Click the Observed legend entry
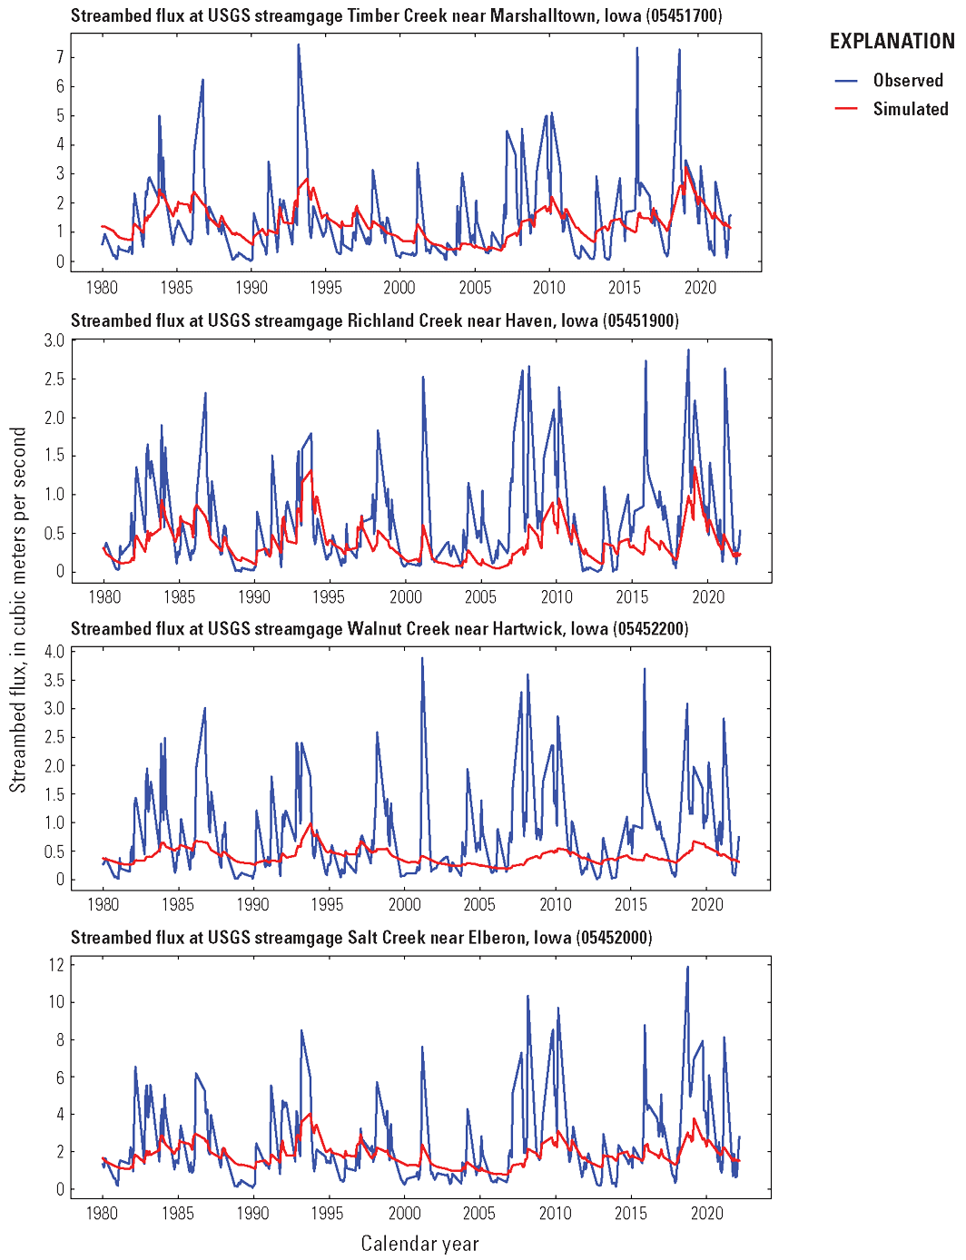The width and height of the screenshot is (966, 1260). coord(908,80)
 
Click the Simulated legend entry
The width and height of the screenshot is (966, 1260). coord(910,109)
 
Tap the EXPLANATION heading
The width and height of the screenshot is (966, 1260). coord(892,41)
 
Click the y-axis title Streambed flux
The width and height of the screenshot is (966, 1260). coord(18,610)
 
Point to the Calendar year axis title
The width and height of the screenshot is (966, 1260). coord(419,1244)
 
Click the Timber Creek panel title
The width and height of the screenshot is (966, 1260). coord(396,15)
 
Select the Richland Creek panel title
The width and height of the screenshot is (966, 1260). coord(374,320)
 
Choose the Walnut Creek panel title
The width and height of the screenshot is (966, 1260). coord(379,628)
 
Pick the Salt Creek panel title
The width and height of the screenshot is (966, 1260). coord(361,937)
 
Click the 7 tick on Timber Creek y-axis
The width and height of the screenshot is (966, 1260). coord(60,57)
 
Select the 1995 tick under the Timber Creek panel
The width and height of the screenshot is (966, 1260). coord(326,288)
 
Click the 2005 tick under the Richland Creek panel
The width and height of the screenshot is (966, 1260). coord(481,596)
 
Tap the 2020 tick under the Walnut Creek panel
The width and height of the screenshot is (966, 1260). coord(706,904)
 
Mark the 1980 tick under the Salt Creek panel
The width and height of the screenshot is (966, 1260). coord(102,1213)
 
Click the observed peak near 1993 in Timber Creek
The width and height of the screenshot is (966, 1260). coord(298,44)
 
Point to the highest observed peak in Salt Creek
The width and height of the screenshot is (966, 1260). coord(687,967)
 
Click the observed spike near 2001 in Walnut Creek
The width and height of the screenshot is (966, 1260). coord(422,658)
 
